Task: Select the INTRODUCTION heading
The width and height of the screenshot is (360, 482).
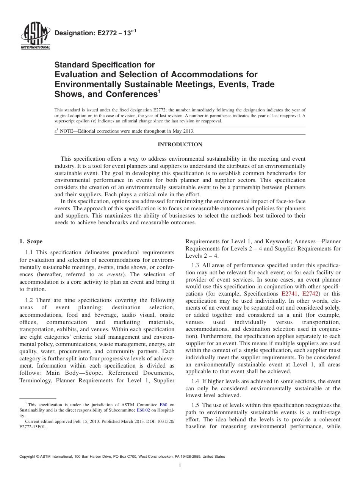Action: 180,144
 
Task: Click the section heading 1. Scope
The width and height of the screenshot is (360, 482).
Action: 31,241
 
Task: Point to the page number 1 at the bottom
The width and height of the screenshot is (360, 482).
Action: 180,466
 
